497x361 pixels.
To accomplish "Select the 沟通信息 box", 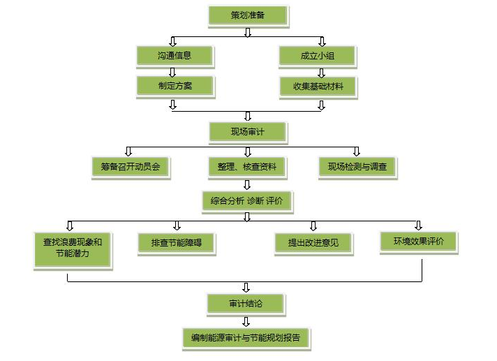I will pyautogui.click(x=174, y=55).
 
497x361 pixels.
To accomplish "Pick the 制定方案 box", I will pyautogui.click(x=174, y=87).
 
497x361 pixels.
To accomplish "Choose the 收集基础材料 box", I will pyautogui.click(x=318, y=87).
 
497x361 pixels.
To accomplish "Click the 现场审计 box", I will pyautogui.click(x=247, y=131).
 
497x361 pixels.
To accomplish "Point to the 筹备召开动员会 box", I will pyautogui.click(x=131, y=167).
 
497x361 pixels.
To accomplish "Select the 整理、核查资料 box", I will pyautogui.click(x=247, y=167).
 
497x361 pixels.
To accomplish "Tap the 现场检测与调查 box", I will pyautogui.click(x=357, y=167).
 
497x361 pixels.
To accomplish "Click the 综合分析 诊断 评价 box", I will pyautogui.click(x=247, y=201).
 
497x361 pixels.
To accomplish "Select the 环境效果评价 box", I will pyautogui.click(x=418, y=242).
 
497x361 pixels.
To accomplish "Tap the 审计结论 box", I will pyautogui.click(x=246, y=303).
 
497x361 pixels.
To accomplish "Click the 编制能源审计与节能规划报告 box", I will pyautogui.click(x=246, y=338).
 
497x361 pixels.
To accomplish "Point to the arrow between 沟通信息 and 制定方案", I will pyautogui.click(x=174, y=71).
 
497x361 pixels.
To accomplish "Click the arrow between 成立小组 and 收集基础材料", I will pyautogui.click(x=321, y=71).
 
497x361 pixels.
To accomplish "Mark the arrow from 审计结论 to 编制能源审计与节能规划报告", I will pyautogui.click(x=246, y=321).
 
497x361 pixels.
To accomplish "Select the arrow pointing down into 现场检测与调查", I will pyautogui.click(x=357, y=151).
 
